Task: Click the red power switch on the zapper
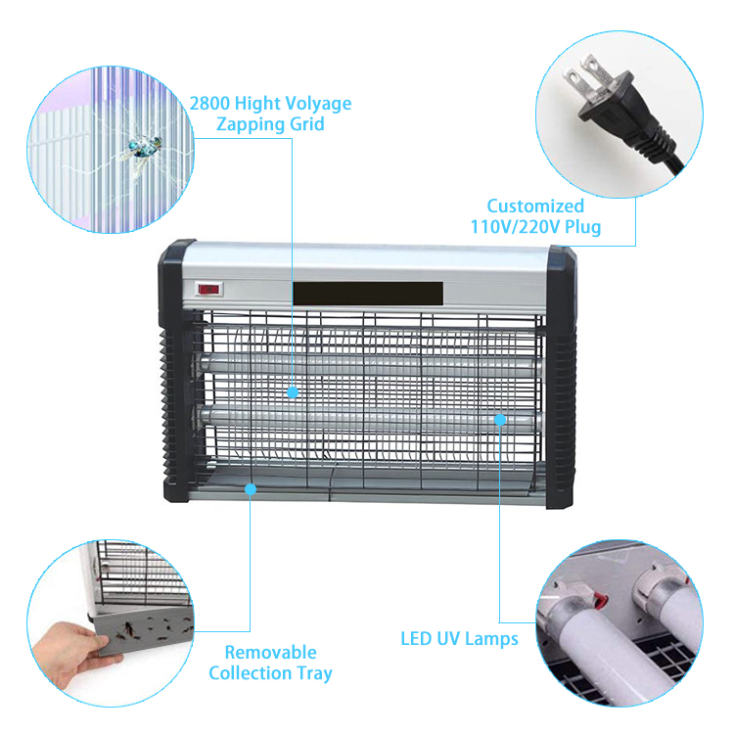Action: pyautogui.click(x=207, y=290)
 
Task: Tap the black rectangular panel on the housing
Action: pyautogui.click(x=368, y=294)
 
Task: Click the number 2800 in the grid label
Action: pyautogui.click(x=209, y=103)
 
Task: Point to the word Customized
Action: pyautogui.click(x=535, y=206)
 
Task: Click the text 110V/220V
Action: pyautogui.click(x=515, y=227)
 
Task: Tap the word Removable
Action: pyautogui.click(x=270, y=652)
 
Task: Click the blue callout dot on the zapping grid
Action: pyautogui.click(x=293, y=392)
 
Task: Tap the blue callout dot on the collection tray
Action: pyautogui.click(x=251, y=489)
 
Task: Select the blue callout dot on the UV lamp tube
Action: pyautogui.click(x=500, y=420)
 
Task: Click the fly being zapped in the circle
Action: pyautogui.click(x=145, y=147)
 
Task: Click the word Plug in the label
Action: pyautogui.click(x=583, y=227)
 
